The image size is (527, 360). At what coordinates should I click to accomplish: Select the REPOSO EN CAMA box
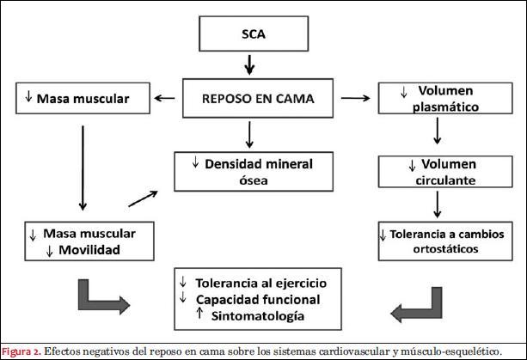tap(248, 99)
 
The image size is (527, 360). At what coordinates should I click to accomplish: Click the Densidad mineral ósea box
tap(248, 171)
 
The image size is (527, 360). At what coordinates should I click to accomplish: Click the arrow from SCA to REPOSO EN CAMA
tap(248, 64)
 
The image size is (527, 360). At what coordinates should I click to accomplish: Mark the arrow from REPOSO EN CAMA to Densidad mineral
tap(248, 133)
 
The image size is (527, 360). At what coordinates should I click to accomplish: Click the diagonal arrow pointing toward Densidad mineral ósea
tap(143, 198)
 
